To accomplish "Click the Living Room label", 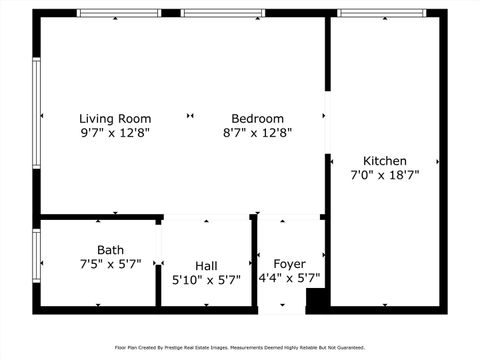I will [115, 118].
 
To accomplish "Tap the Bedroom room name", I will [257, 118].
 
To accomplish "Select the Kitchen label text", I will [384, 160].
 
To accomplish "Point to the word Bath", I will [110, 250].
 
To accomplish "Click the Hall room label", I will [206, 265].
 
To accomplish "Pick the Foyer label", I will [289, 264].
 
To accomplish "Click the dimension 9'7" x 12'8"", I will [115, 132].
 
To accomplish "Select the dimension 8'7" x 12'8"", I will [257, 132].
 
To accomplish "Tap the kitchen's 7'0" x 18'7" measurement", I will [384, 174].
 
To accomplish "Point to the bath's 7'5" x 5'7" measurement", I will [110, 264].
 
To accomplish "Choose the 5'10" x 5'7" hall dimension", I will [206, 280].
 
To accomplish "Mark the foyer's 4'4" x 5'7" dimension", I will [289, 278].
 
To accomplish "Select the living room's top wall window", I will [119, 13].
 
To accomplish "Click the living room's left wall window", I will [36, 112].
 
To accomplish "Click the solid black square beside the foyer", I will [316, 299].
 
